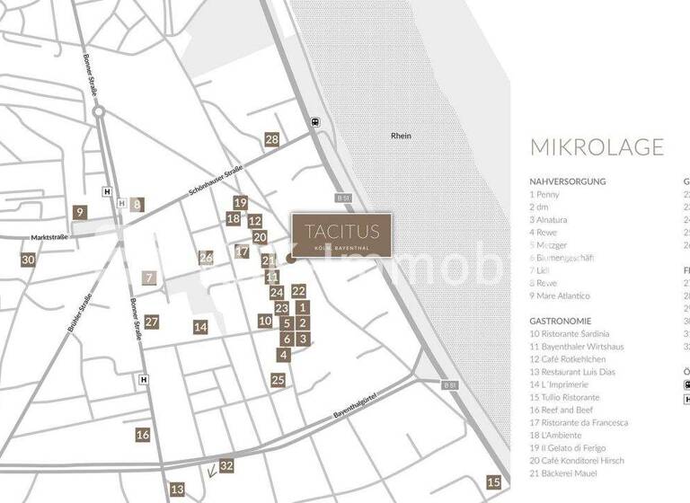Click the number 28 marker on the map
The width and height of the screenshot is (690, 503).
271,139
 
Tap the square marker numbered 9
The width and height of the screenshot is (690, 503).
80,213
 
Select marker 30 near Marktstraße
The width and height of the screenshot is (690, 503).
28,260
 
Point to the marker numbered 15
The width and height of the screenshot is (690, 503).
493,481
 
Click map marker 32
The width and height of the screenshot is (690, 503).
226,465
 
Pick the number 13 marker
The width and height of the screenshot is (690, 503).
177,490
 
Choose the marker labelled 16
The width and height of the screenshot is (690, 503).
143,435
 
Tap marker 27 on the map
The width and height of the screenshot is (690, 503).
151,322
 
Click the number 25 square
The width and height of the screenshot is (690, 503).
278,380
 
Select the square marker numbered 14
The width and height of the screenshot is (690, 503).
200,327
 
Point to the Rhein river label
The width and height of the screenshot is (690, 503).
401,136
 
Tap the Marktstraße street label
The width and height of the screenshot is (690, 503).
50,238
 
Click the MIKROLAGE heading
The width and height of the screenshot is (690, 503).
597,147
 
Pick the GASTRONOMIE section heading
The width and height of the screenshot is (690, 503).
561,321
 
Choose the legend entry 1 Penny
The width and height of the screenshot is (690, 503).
544,194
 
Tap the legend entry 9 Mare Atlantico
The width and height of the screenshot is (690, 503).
560,296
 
